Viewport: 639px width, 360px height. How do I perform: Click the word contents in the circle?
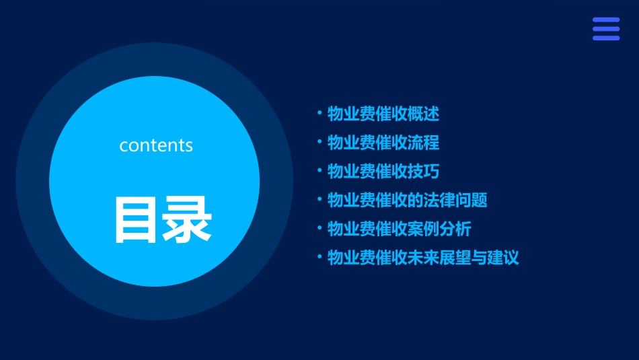(156, 145)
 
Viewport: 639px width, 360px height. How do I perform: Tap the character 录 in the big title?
(186, 219)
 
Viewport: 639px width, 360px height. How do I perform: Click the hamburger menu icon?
(605, 29)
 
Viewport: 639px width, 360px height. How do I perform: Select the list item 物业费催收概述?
(383, 114)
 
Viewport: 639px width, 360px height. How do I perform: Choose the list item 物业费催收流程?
(383, 143)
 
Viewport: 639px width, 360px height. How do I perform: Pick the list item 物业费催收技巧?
(383, 172)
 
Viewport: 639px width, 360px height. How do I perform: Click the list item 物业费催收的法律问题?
(407, 200)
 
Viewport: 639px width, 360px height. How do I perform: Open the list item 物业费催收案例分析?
(399, 229)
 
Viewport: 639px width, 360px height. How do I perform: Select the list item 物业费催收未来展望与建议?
(423, 258)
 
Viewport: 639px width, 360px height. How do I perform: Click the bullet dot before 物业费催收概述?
(319, 113)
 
